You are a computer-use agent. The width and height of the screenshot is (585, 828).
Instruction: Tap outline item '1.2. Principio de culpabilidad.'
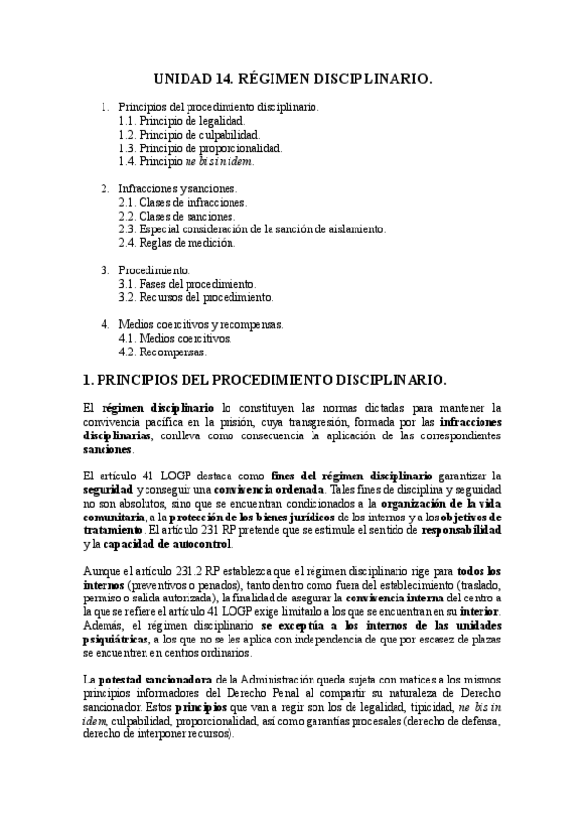pyautogui.click(x=188, y=135)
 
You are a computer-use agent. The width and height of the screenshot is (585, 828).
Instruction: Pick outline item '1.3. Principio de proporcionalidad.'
pyautogui.click(x=200, y=148)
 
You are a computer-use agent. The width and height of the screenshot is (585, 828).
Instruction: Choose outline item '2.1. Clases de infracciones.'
pyautogui.click(x=183, y=202)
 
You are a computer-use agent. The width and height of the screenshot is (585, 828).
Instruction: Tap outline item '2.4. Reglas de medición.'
pyautogui.click(x=176, y=242)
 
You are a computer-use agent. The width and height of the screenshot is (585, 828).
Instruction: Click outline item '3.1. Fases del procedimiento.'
pyautogui.click(x=187, y=283)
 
